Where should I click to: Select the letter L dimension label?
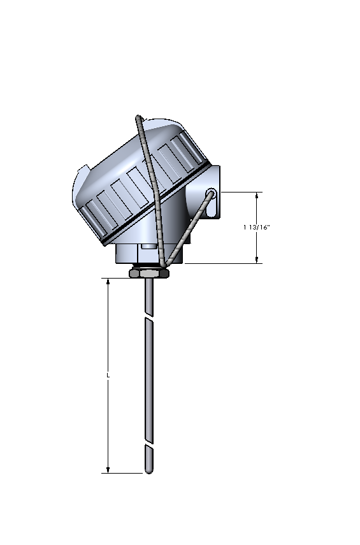(108, 375)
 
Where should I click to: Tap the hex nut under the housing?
(148, 273)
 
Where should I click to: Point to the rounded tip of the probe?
(148, 471)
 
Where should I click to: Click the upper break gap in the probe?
(148, 317)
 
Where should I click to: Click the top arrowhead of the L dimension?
(108, 281)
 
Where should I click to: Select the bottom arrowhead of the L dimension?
(108, 470)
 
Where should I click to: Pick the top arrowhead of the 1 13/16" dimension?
(257, 195)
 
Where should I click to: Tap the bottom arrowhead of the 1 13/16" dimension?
(257, 259)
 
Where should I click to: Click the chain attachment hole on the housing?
(211, 192)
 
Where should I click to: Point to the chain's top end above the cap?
(138, 117)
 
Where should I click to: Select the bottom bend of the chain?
(163, 265)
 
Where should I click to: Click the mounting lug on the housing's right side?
(215, 191)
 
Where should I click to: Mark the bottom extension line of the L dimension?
(124, 474)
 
